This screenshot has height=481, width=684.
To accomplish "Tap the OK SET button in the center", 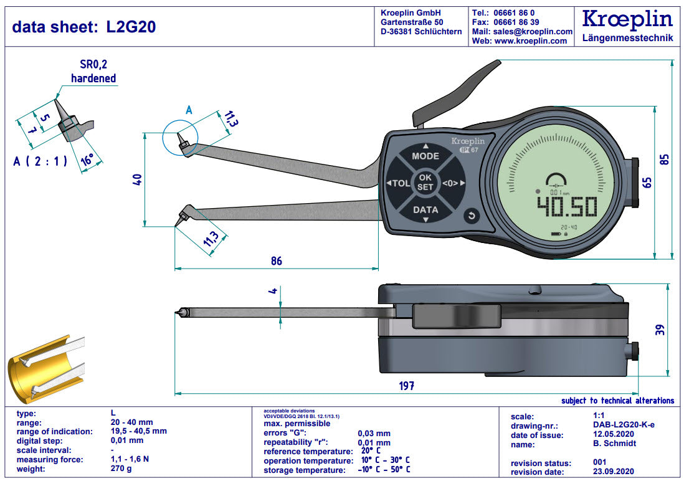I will [x=425, y=182].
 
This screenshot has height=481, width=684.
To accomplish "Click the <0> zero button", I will [x=450, y=183].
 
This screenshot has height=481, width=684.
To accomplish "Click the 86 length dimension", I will [x=276, y=260].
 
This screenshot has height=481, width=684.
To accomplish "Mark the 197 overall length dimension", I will [x=406, y=386].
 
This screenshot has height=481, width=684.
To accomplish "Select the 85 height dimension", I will [x=665, y=158].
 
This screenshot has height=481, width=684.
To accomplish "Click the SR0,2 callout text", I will [x=98, y=64].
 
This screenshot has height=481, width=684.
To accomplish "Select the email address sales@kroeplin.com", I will [x=531, y=31].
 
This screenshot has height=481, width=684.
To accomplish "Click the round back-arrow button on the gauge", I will [x=472, y=216].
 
